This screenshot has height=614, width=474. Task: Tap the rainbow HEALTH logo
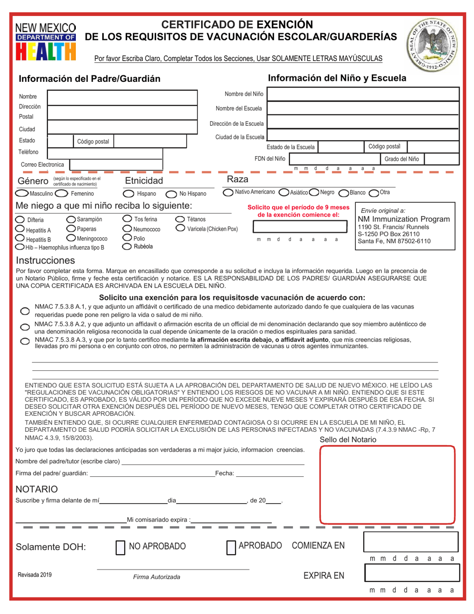46,51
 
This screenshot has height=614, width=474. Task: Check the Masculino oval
22,193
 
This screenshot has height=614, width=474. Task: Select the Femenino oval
61,193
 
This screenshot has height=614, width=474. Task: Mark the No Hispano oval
171,194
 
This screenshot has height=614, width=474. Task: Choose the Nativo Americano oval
228,192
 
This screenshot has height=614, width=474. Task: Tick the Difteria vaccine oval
20,220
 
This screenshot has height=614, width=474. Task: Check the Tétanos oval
180,219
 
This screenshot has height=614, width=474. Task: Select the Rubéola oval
128,246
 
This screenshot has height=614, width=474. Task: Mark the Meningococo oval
71,238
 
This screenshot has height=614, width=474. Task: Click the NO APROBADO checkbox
120,548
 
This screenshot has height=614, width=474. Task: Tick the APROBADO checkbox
231,548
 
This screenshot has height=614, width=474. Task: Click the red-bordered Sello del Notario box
387,484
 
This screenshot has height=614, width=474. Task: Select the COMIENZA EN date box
411,542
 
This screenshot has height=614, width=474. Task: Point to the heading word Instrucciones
45,260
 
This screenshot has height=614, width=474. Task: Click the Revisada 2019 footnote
34,575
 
